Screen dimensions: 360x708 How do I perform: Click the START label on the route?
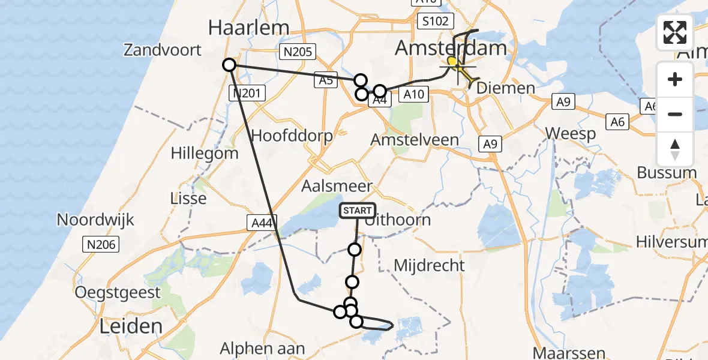coord(358,211)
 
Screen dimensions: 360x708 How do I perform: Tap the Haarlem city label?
coord(248,27)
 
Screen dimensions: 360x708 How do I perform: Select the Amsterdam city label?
coord(451,48)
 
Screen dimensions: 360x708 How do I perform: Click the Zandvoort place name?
coord(163,50)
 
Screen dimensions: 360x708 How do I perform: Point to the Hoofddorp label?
coord(292,136)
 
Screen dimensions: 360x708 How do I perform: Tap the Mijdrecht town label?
coord(429,265)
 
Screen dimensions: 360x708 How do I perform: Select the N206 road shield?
coord(101,244)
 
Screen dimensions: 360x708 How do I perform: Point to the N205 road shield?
coord(298,52)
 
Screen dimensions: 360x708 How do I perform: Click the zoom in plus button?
coord(675,80)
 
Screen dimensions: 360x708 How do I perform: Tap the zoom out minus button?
coord(675,114)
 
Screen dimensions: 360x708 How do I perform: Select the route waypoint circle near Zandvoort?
coord(229,65)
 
